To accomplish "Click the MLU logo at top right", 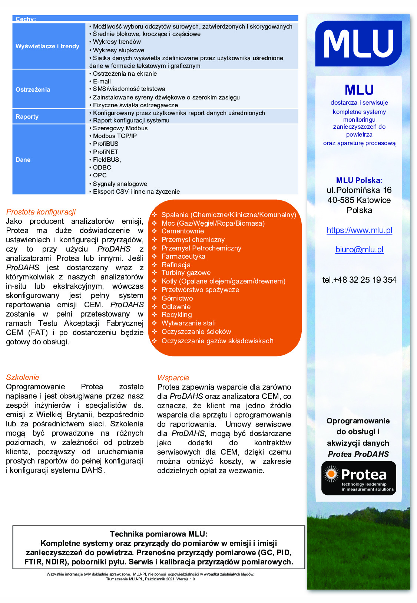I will coord(358,43).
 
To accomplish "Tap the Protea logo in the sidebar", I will coord(358,478).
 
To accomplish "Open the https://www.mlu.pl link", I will coord(359,230).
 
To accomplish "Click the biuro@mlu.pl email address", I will coord(359,250).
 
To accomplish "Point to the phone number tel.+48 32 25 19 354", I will coord(359,280).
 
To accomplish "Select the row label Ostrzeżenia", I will coord(33,89).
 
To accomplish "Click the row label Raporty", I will coord(27,117).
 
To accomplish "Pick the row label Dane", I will coord(23,160).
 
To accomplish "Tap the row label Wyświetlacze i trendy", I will coord(47,46).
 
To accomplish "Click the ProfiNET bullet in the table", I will coord(106,152).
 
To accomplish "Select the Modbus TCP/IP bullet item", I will coord(115,136).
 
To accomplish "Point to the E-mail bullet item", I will coord(102,81).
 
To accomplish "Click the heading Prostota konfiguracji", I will coord(41,212).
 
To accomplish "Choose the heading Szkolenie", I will coord(23,377).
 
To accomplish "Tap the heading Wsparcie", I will coord(173,378).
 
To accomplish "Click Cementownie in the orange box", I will coord(183,231).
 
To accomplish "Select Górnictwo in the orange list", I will coord(177,298).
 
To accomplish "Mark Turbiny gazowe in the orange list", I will coord(186,273).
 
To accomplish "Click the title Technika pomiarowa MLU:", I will coord(159,534).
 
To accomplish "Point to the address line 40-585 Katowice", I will coord(359,200).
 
